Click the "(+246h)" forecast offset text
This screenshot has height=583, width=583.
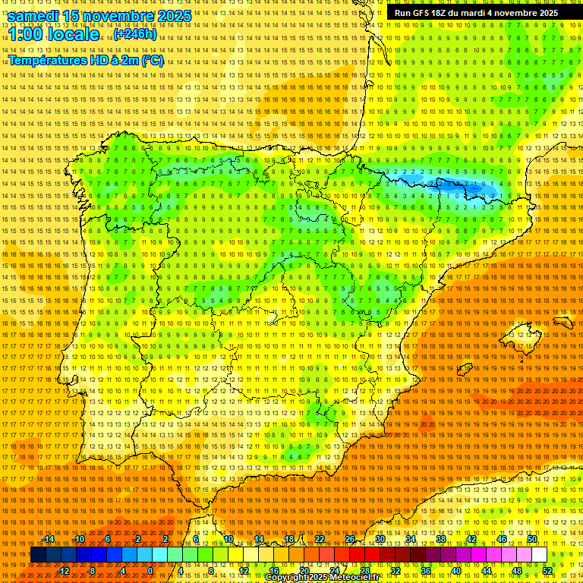135,34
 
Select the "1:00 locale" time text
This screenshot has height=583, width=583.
54,34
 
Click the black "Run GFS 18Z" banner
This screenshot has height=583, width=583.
476,13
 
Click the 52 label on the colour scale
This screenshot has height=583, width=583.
547,570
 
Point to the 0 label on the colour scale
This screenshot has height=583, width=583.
150,570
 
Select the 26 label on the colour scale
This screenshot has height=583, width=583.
350,539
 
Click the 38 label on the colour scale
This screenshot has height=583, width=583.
441,539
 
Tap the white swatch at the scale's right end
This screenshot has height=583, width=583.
539,555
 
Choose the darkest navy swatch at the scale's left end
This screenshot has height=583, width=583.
37,555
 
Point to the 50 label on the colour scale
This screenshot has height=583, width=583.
532,539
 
